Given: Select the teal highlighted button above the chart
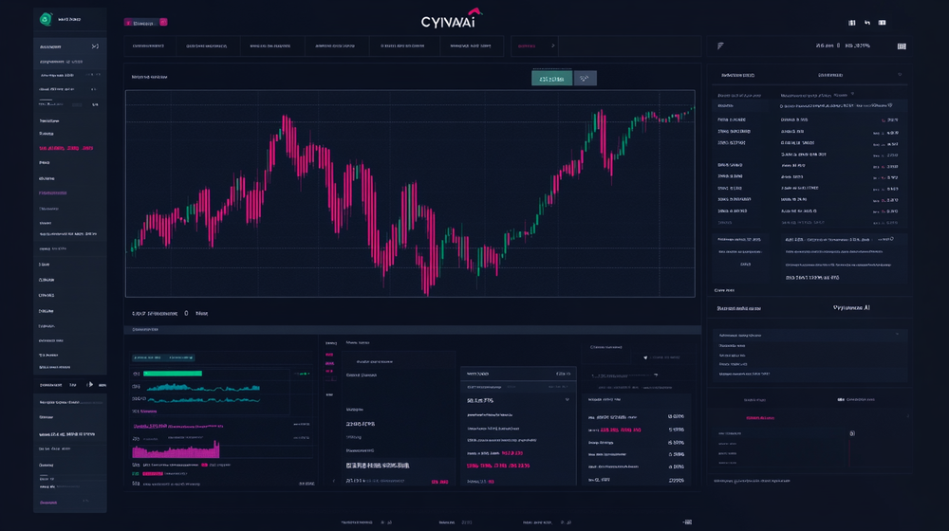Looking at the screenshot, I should click(x=551, y=79).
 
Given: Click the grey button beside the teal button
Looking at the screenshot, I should click(x=586, y=79).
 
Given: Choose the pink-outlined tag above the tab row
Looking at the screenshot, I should click(x=146, y=22).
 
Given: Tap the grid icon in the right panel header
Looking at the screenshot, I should click(x=901, y=46).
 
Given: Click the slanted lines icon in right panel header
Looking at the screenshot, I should click(x=720, y=46).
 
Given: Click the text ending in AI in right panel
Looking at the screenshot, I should click(x=850, y=308).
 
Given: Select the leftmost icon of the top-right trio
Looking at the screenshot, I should click(x=851, y=22).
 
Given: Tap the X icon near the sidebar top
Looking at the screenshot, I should click(x=95, y=46).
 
